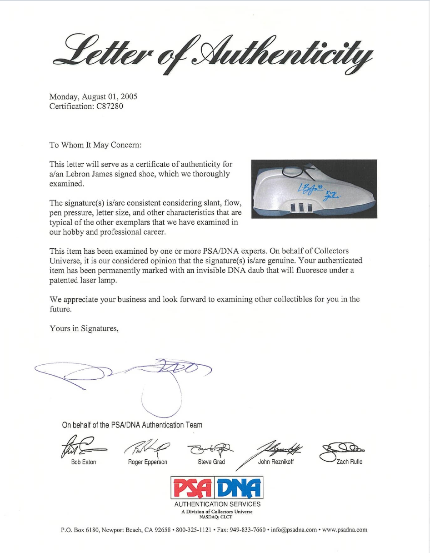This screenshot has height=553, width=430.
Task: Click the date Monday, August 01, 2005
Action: [93, 96]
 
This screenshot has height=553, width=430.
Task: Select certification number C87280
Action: [106, 106]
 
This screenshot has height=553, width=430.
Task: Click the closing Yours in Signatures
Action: [84, 329]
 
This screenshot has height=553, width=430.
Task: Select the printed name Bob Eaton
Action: [84, 462]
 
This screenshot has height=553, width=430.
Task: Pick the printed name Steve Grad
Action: [211, 462]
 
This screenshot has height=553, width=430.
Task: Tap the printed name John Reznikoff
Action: [275, 462]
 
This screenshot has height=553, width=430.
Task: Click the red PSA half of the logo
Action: [193, 488]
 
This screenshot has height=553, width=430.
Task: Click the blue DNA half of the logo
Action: [240, 488]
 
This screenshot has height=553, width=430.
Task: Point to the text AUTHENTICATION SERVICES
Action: [217, 504]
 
